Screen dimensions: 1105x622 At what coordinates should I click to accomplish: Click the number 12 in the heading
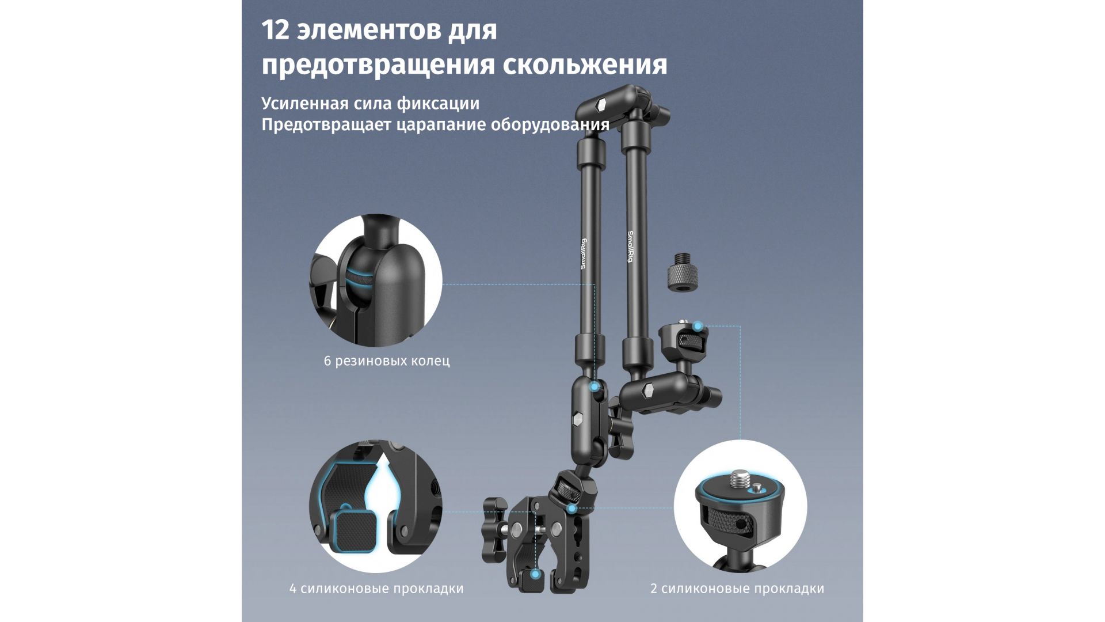click(275, 30)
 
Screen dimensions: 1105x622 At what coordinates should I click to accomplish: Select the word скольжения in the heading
click(585, 65)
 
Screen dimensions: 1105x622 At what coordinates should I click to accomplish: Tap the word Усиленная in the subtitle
click(305, 104)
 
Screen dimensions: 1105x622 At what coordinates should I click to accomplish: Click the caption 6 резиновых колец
click(387, 361)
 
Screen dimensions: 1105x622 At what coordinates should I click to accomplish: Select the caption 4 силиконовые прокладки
click(376, 589)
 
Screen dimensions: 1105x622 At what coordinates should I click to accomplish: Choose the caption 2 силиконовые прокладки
click(737, 589)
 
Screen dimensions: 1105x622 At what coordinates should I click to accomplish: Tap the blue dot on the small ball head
click(698, 327)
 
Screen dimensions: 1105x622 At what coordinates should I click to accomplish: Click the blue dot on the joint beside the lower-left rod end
click(595, 388)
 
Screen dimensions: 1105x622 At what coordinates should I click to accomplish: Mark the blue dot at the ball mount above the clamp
click(571, 509)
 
